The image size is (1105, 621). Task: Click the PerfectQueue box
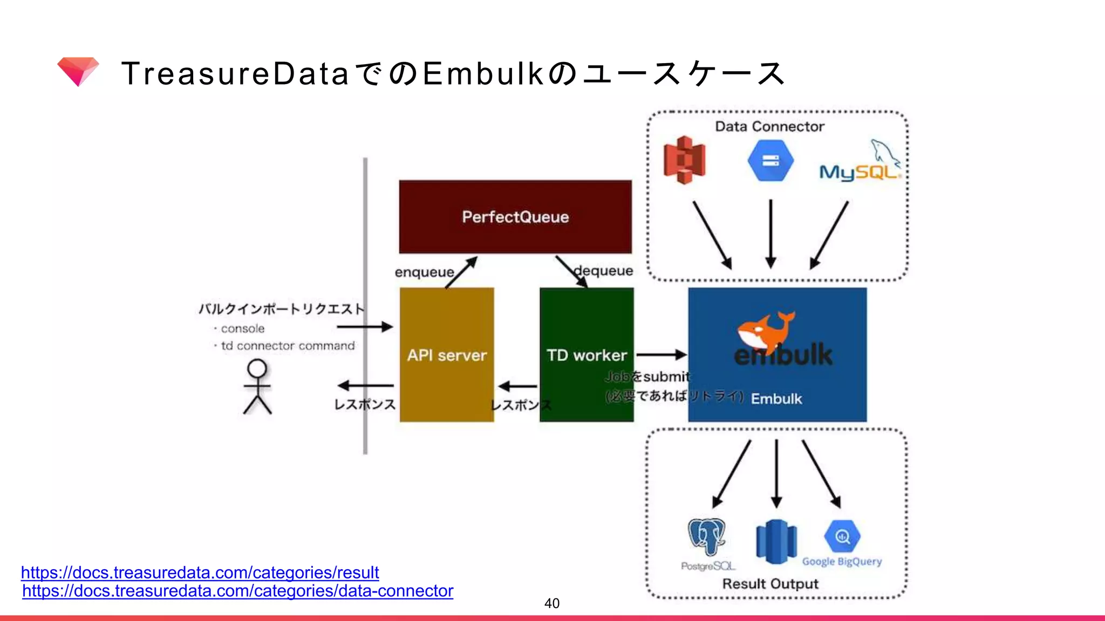point(515,217)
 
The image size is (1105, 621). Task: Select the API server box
point(447,355)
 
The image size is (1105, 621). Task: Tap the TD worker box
point(586,355)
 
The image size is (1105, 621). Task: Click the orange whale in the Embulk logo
point(765,329)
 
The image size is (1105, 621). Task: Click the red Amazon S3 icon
point(684,160)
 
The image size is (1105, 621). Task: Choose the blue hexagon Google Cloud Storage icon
point(770,161)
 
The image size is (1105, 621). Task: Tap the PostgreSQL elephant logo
point(707,536)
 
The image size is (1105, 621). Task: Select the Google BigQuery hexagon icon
point(842,537)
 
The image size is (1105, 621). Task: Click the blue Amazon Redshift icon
point(776,542)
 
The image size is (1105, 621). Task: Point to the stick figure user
point(257,387)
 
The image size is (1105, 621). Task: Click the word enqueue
point(424,272)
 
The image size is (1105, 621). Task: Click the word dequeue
point(604,271)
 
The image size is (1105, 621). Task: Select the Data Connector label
point(769,127)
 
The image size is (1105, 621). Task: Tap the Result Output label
point(770,584)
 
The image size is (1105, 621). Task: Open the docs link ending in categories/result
point(200,572)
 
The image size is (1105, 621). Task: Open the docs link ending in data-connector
point(237,591)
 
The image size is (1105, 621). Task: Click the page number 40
point(551,603)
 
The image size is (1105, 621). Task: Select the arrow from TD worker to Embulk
point(661,355)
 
